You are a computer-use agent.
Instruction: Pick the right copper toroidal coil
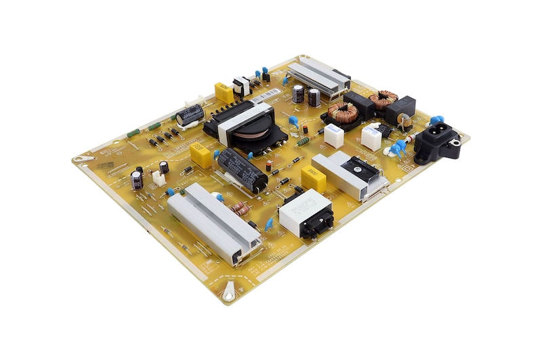pyautogui.click(x=383, y=99)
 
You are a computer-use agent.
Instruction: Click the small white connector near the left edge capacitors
pyautogui.click(x=159, y=178)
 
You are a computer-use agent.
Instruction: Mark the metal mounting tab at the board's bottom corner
pyautogui.click(x=229, y=291)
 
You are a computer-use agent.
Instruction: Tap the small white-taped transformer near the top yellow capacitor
pyautogui.click(x=241, y=85)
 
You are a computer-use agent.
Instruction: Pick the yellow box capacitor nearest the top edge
pyautogui.click(x=224, y=92)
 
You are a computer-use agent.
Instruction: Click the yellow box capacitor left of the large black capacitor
pyautogui.click(x=202, y=155)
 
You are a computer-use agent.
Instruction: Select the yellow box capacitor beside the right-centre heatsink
pyautogui.click(x=313, y=178)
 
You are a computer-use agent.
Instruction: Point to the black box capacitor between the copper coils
pyautogui.click(x=359, y=106)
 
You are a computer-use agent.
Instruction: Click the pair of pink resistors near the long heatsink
pyautogui.click(x=241, y=209)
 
